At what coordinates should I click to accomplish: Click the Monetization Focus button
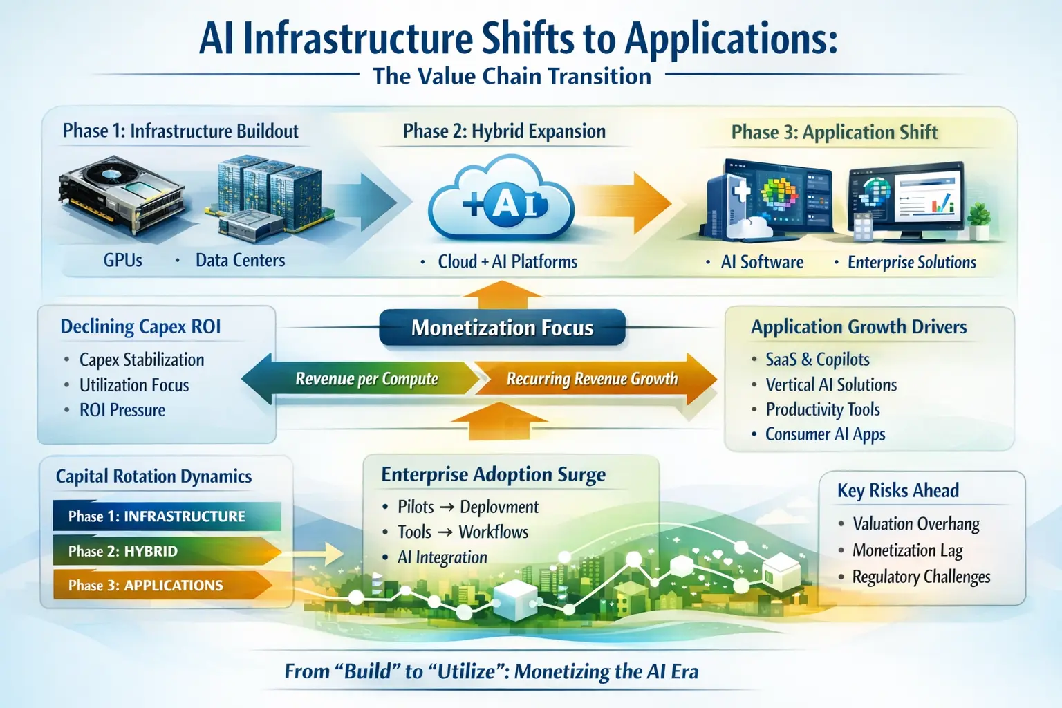pos(502,328)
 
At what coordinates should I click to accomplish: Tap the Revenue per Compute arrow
pos(366,379)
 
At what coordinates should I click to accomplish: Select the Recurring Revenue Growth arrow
pos(593,379)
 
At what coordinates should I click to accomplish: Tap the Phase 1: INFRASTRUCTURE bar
pos(166,516)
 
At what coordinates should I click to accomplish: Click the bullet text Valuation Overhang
pos(916,524)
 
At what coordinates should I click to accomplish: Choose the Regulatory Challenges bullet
pos(921,577)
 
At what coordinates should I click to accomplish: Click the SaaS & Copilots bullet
pos(817,360)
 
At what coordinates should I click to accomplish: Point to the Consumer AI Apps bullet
pos(825,434)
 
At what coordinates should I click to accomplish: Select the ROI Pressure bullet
pos(122,410)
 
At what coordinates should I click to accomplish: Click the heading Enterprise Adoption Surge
pos(493,475)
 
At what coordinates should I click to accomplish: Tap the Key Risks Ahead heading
pos(898,491)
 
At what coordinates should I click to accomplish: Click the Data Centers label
pos(240,261)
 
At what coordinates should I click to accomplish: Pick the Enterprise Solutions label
pos(912,263)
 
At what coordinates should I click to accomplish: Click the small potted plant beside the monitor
pos(979,220)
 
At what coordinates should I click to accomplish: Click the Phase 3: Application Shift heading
pos(835,132)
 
